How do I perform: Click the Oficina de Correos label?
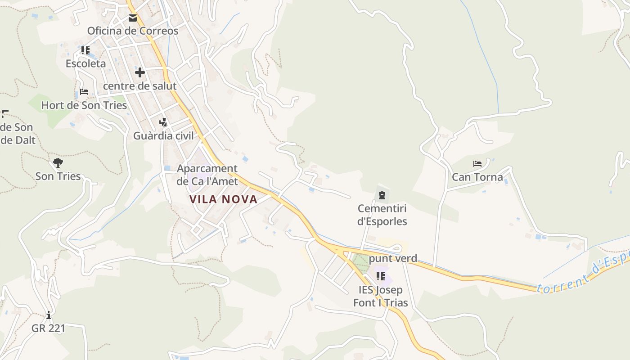133,31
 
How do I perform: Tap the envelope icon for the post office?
133,18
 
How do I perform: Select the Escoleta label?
86,63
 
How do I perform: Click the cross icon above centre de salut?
140,72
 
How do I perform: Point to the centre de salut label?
140,85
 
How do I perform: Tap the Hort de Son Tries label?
84,105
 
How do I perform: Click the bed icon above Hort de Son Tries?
84,92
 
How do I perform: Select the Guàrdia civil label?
163,135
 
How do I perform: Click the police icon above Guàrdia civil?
163,122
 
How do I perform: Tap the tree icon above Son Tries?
58,163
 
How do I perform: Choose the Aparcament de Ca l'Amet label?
207,175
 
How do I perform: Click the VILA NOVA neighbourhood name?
223,199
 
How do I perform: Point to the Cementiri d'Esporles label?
382,215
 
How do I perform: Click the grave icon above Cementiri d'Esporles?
382,195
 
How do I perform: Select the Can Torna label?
477,177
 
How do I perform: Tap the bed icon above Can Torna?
477,163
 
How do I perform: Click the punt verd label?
393,259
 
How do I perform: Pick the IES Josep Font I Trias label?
381,296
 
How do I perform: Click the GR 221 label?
49,328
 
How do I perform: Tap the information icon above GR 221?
49,315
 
